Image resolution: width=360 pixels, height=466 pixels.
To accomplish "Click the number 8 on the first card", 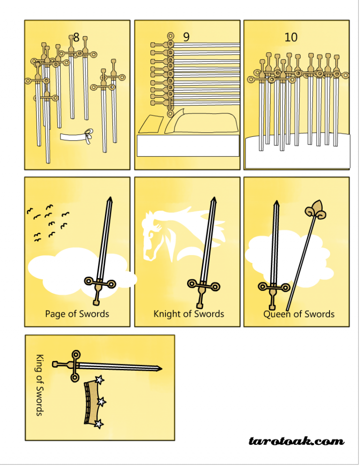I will click(76, 37).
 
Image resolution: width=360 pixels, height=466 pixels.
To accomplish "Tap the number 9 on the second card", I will click(186, 37).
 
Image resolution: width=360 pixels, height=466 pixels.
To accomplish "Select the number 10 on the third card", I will click(291, 37).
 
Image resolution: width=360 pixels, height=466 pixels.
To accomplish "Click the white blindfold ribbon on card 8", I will click(76, 136).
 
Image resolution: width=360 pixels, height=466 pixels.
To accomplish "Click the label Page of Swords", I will click(77, 314).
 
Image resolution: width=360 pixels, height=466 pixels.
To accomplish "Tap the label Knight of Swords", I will click(188, 314).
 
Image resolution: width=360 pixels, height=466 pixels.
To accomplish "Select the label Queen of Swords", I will click(299, 314).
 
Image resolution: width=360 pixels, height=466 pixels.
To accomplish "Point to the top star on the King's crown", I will click(99, 379).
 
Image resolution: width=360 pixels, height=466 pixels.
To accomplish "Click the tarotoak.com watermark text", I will click(296, 441).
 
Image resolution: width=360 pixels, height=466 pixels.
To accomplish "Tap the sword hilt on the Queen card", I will click(272, 287).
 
